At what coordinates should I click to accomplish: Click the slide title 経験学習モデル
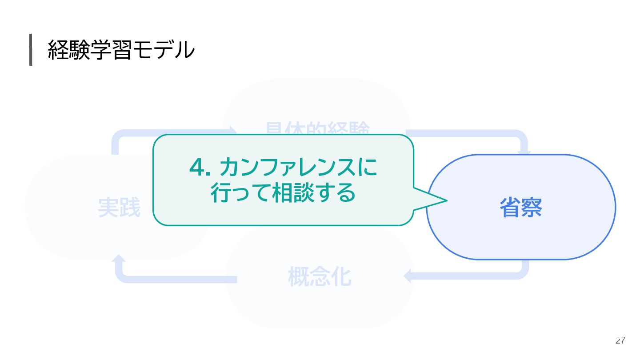click(121, 50)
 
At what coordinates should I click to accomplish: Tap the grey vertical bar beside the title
click(31, 50)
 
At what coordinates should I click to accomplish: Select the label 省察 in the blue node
click(520, 207)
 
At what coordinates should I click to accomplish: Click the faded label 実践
click(119, 208)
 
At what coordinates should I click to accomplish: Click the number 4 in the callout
click(196, 167)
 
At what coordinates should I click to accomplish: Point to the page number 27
click(620, 341)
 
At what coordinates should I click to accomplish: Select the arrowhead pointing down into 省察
click(525, 153)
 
